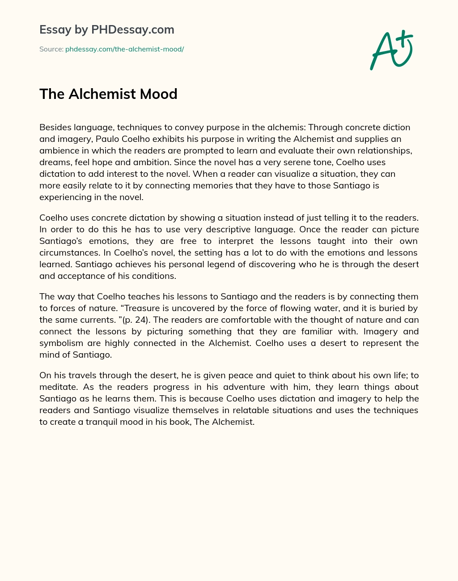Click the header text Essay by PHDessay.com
pos(106,30)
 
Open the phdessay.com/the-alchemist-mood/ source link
pos(124,49)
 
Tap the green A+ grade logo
pos(391,50)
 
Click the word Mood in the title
pos(159,94)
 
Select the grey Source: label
pos(51,49)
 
